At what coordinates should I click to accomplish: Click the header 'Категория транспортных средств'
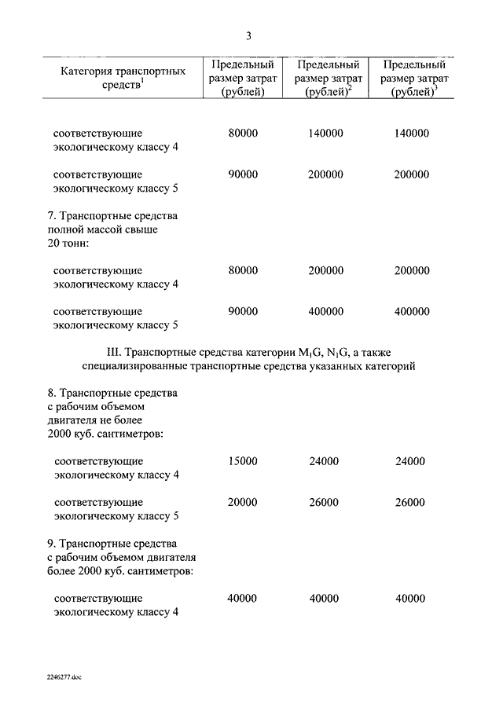(123, 78)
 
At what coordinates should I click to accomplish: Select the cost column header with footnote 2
(328, 78)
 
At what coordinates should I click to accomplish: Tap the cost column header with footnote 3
(413, 78)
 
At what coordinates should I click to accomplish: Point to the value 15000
(242, 461)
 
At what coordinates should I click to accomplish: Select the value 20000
(242, 502)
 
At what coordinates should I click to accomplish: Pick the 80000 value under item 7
(242, 270)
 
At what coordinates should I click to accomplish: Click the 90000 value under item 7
(242, 311)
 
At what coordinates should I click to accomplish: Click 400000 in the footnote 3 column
(412, 311)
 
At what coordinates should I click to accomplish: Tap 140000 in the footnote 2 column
(325, 134)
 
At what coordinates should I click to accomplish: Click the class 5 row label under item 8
(116, 509)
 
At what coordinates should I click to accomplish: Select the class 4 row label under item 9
(116, 605)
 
